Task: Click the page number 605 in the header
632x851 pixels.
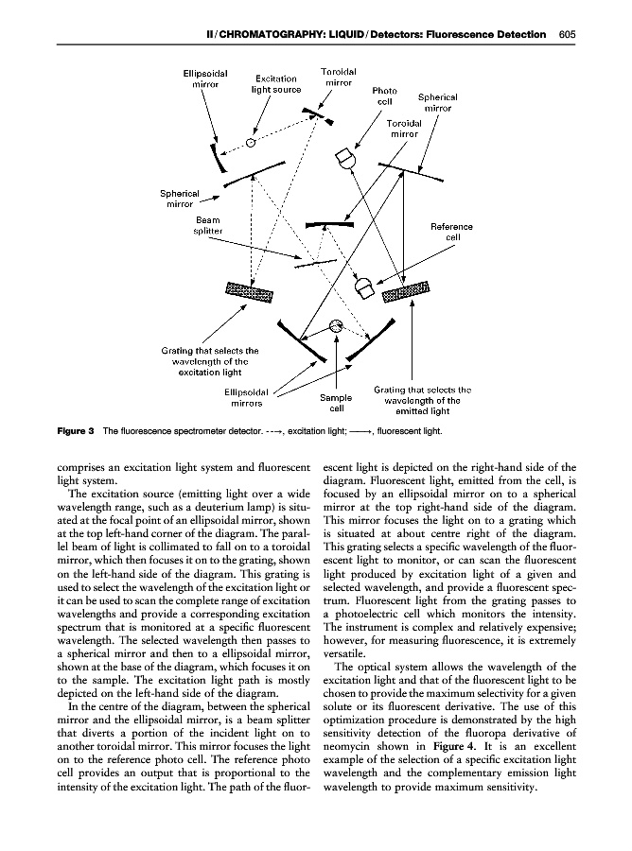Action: coord(568,35)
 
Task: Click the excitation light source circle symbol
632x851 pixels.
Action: coord(251,143)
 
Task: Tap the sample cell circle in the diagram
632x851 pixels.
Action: coord(335,327)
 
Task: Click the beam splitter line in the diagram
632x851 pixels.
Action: coord(313,263)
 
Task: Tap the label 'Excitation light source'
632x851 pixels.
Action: coord(276,84)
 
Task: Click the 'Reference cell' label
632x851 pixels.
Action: coord(451,232)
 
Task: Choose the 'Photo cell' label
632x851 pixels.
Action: coord(385,96)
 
